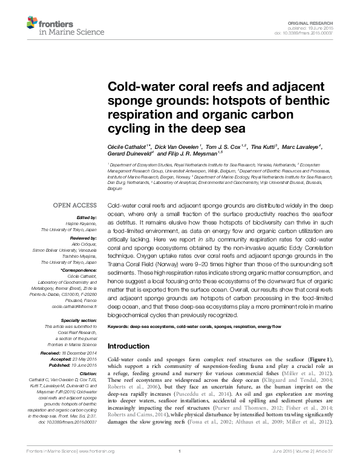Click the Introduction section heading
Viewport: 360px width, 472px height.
tap(132, 346)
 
